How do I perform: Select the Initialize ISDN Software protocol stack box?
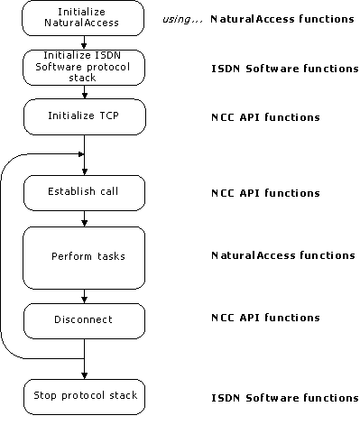[x=83, y=66]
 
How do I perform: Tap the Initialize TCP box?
[x=83, y=115]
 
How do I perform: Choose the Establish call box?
[x=83, y=192]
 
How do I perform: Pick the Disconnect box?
[x=83, y=319]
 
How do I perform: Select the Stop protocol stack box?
[x=83, y=396]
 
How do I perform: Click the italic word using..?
[x=181, y=19]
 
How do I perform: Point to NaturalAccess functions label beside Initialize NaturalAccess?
[x=282, y=19]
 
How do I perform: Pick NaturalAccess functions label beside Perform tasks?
[x=282, y=255]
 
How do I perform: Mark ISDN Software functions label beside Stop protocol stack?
[x=284, y=397]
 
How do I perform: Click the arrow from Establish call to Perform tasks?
[x=84, y=218]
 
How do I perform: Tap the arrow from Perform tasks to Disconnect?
[x=84, y=295]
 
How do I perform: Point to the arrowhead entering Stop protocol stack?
[x=84, y=374]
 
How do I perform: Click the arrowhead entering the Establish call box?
[x=84, y=171]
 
